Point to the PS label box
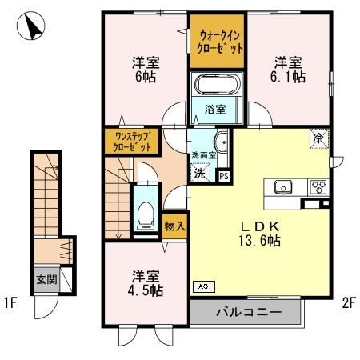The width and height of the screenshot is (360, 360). (x=224, y=176)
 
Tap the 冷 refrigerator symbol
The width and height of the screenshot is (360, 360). (x=318, y=138)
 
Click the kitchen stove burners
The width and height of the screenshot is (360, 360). (x=318, y=187)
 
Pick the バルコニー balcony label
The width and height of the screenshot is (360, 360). (x=248, y=313)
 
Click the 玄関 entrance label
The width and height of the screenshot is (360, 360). (x=45, y=279)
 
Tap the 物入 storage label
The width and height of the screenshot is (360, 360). (x=175, y=226)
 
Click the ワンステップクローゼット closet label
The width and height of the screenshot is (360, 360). (x=131, y=142)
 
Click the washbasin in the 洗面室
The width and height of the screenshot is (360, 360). (x=221, y=142)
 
